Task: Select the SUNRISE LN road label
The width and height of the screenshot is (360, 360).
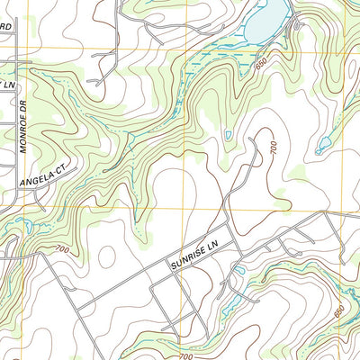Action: tap(194, 256)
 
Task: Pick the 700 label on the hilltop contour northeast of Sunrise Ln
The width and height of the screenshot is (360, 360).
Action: tap(269, 146)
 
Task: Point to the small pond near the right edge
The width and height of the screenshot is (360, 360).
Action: tap(324, 143)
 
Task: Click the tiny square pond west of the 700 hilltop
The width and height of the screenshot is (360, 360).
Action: tap(229, 136)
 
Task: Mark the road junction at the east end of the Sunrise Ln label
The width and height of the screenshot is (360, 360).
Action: tap(233, 243)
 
